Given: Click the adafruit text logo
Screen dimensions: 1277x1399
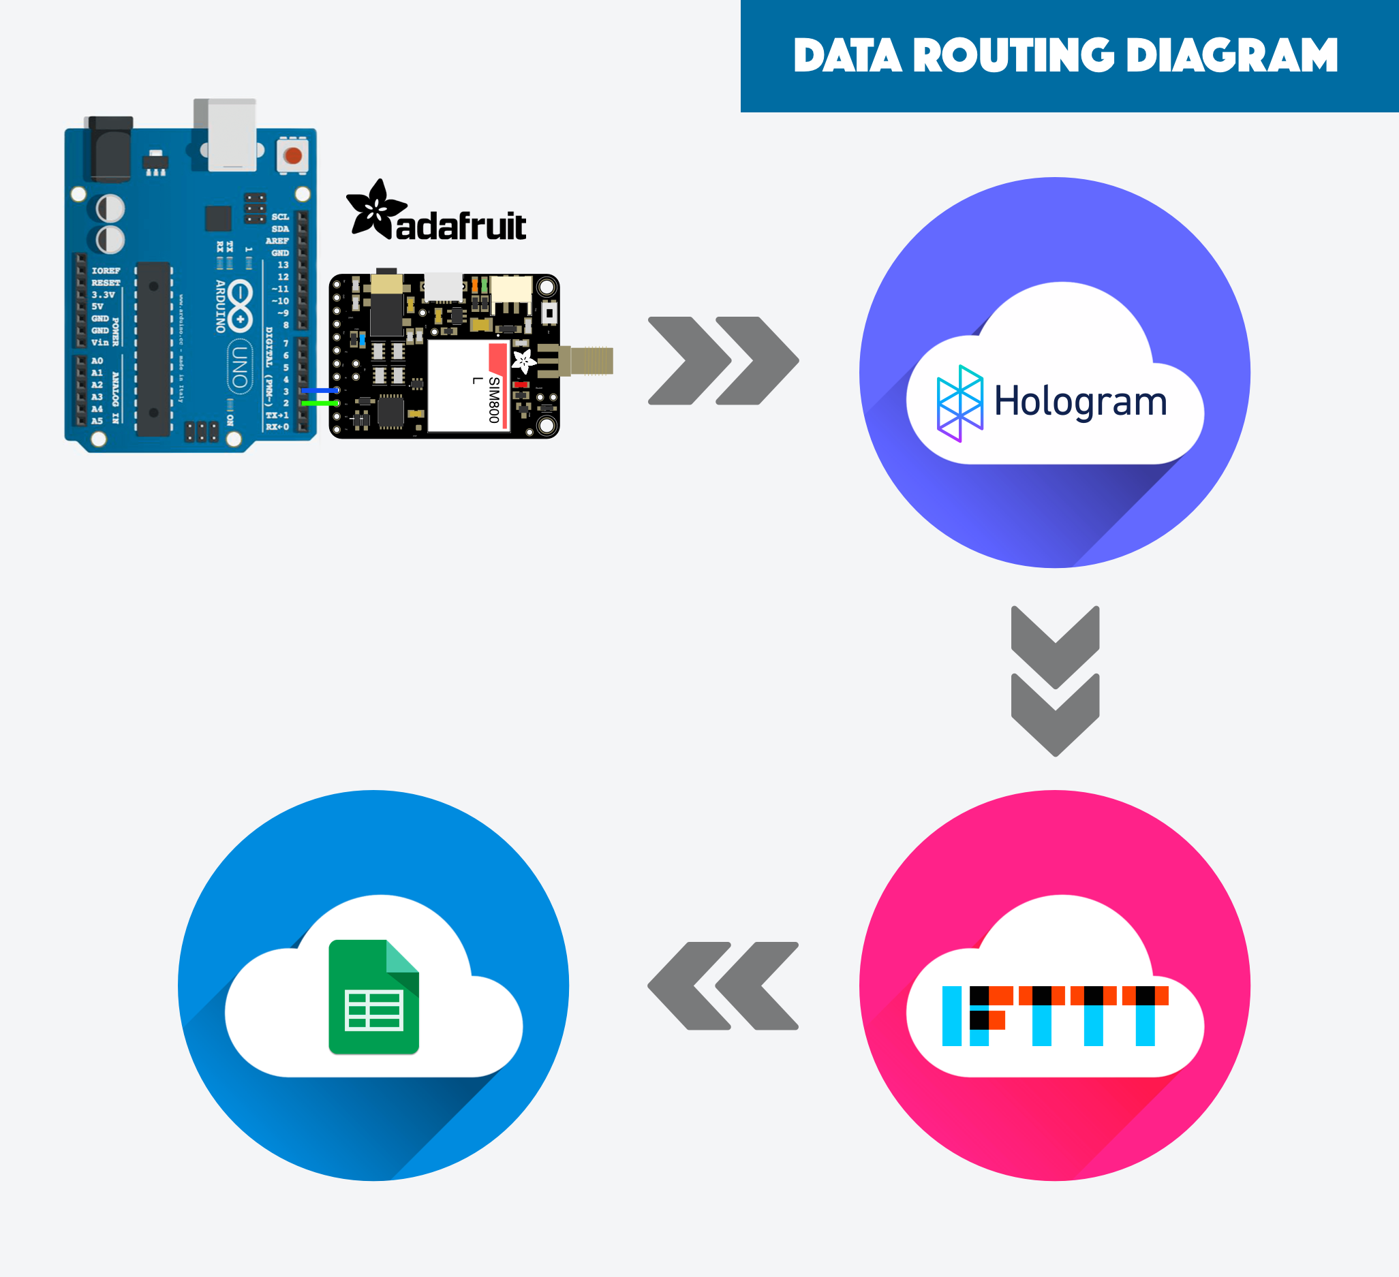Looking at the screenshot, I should [461, 226].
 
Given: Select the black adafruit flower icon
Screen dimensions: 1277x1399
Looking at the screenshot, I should [375, 208].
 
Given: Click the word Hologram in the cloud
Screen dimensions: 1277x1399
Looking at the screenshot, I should [1081, 402].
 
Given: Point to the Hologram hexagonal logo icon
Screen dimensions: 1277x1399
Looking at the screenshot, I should [959, 403].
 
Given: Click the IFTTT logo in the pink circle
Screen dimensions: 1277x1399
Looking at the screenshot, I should [1055, 1015].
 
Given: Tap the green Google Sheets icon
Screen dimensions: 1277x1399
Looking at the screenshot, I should [373, 997].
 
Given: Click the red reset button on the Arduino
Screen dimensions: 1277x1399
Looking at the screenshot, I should [293, 155].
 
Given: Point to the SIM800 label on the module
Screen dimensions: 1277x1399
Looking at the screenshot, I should [493, 400].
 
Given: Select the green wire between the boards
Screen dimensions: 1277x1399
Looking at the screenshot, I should [319, 403].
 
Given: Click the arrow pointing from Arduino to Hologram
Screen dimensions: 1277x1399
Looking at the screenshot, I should [723, 361].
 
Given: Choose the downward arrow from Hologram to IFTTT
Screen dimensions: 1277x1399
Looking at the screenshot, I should [1055, 681].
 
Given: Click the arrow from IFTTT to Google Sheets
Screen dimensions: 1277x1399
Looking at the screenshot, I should [723, 986].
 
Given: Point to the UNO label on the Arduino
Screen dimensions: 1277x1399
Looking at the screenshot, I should [239, 366].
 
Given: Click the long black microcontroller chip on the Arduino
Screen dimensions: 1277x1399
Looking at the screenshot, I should [153, 349].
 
